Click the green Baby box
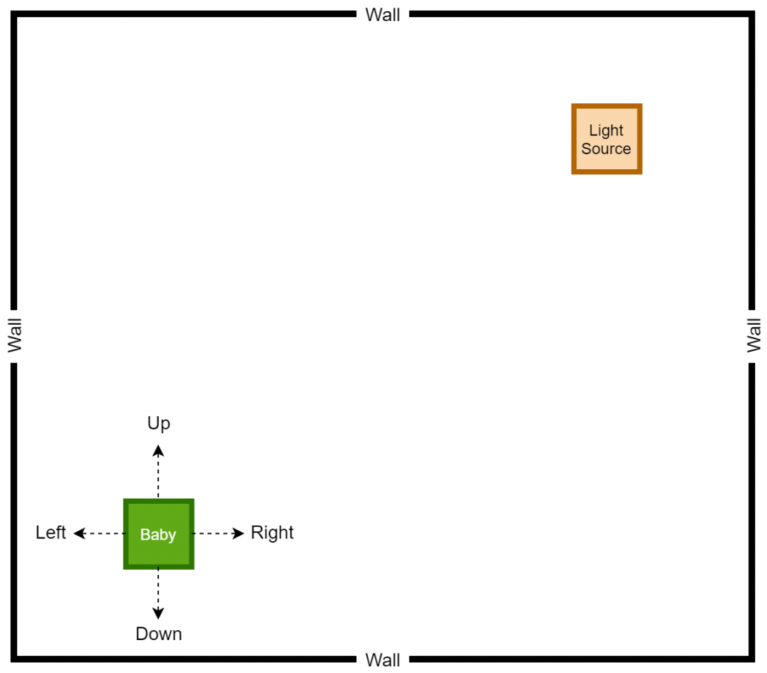[x=159, y=534]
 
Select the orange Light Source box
[x=607, y=138]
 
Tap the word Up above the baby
[x=159, y=423]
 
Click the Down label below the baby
[x=159, y=634]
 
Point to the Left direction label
[x=50, y=532]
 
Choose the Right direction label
[x=272, y=533]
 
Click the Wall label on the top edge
[x=383, y=15]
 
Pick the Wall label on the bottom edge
[x=383, y=660]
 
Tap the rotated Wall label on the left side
[x=15, y=335]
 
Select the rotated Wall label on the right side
[x=754, y=335]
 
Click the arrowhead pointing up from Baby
[x=158, y=450]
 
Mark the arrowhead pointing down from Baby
[x=158, y=613]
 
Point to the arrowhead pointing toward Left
[x=79, y=533]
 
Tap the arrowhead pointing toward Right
[x=238, y=533]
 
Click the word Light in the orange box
[x=606, y=130]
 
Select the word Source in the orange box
[x=606, y=148]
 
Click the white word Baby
[x=158, y=535]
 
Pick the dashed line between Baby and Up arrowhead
[x=158, y=478]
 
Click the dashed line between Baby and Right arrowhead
[x=213, y=533]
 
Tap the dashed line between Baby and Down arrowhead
[x=158, y=588]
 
